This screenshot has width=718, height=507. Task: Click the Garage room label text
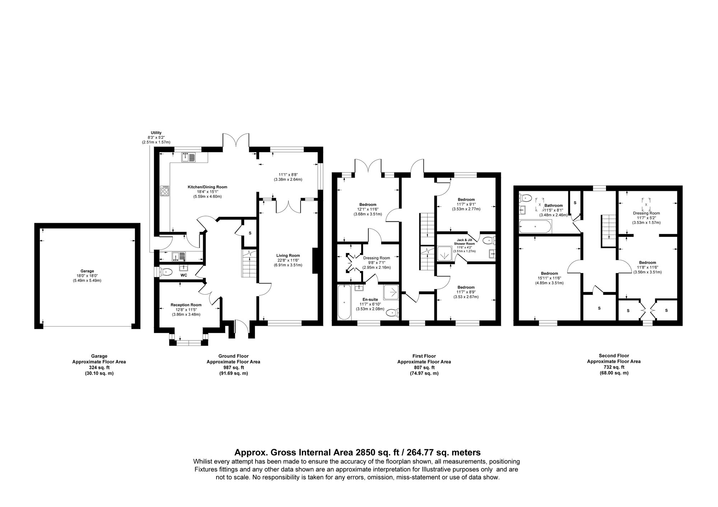[87, 271]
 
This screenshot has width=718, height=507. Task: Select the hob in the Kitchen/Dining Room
[165, 190]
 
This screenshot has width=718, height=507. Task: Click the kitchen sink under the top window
[188, 157]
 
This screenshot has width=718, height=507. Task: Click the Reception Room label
[186, 305]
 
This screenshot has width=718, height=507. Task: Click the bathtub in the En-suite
[344, 302]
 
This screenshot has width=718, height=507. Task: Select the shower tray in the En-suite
[391, 292]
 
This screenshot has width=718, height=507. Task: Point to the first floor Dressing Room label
[376, 258]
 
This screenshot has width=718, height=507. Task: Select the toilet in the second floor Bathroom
[526, 197]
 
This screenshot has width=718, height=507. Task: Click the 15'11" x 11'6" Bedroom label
[549, 273]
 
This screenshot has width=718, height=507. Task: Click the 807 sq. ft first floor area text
[424, 367]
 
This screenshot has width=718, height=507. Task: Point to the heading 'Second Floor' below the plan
[614, 356]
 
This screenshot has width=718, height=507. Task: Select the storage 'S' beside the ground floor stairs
[250, 233]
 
